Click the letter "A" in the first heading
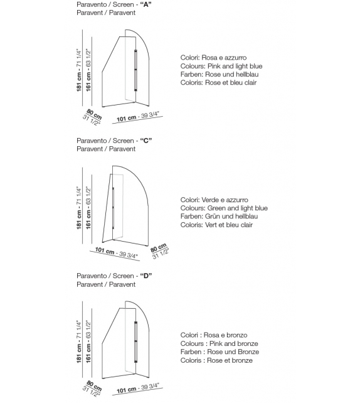coord(147,4)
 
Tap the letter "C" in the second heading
coord(147,141)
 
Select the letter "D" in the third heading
coord(147,276)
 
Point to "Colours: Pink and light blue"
coord(221,66)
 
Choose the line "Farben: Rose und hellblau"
coord(218,74)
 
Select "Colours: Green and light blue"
coord(224,208)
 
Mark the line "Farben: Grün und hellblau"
coord(219,217)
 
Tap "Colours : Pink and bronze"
coord(219,344)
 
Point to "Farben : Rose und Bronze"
coord(220,352)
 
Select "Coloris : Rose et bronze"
coord(216,360)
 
